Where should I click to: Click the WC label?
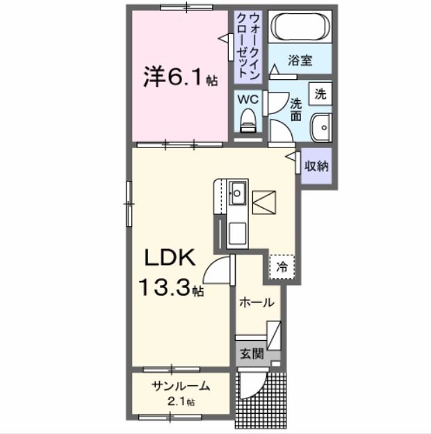[x=247, y=99]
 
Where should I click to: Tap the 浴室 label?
[x=300, y=60]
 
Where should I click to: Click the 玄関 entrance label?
[x=252, y=353]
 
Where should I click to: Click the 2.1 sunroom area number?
[x=179, y=402]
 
